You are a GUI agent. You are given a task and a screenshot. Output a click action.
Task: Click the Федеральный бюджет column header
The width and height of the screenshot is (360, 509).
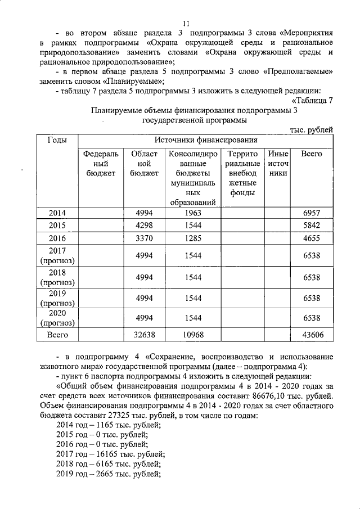[101, 163]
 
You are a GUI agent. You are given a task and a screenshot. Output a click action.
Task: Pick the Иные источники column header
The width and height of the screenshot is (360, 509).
[278, 163]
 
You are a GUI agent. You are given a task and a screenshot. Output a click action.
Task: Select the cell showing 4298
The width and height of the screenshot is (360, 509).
[145, 226]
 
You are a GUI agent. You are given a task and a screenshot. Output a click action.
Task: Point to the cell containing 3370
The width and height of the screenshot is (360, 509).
[145, 238]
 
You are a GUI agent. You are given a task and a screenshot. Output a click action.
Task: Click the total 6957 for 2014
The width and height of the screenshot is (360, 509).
[311, 214]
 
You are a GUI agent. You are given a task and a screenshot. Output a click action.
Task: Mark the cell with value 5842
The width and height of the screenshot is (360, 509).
[311, 226]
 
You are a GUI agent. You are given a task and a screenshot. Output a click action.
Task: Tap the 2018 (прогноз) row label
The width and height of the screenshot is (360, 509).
[58, 277]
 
